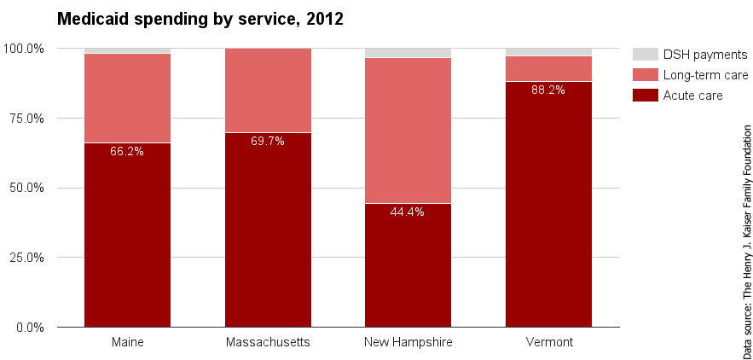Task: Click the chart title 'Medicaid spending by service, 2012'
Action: tap(200, 19)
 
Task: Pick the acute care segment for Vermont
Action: tap(548, 205)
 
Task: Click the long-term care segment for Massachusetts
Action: tap(268, 90)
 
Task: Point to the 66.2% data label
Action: tap(127, 152)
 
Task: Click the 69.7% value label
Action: tap(268, 142)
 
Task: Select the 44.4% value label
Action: tap(408, 212)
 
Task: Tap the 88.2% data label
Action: tap(548, 90)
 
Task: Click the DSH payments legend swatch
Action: tap(645, 55)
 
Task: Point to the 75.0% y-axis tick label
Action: tap(26, 118)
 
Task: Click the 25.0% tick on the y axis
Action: tap(26, 258)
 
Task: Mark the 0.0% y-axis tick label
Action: tap(29, 328)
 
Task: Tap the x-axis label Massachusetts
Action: tap(268, 343)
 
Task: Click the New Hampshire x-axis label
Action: tap(408, 343)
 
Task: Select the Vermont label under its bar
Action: tap(548, 343)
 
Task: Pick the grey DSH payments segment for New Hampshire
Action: tap(408, 53)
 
